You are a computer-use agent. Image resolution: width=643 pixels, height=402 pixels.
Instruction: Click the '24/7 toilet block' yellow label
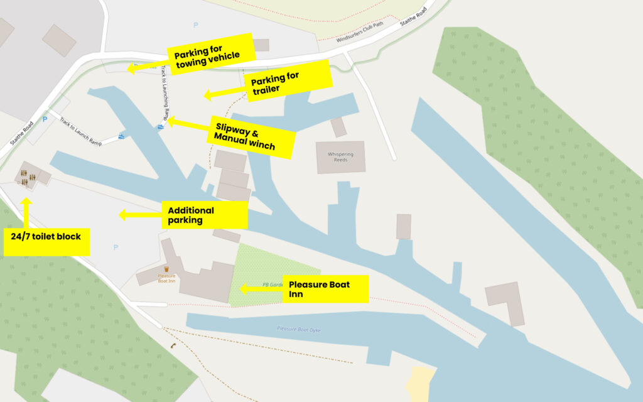coord(46,242)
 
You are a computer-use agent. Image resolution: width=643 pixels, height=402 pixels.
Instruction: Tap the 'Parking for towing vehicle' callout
coord(210,54)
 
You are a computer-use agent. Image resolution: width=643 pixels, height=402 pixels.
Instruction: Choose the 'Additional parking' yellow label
coord(205,215)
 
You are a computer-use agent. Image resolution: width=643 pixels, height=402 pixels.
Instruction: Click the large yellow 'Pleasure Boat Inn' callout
coord(325,289)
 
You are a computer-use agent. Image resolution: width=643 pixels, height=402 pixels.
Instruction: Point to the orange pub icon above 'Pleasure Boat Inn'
coord(166,269)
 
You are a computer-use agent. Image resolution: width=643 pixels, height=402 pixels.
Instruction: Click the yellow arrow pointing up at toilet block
coord(26,210)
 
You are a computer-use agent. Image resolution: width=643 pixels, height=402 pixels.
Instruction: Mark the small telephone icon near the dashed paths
coord(171,345)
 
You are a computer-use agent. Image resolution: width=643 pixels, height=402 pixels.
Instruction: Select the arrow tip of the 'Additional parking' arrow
coord(121,215)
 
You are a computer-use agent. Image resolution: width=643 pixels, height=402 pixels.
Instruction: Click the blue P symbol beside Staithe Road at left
coord(45,119)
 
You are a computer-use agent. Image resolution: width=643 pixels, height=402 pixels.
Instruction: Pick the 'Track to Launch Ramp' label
coord(80,130)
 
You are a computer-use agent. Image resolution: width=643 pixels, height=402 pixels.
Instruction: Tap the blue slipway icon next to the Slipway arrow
coord(161,128)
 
